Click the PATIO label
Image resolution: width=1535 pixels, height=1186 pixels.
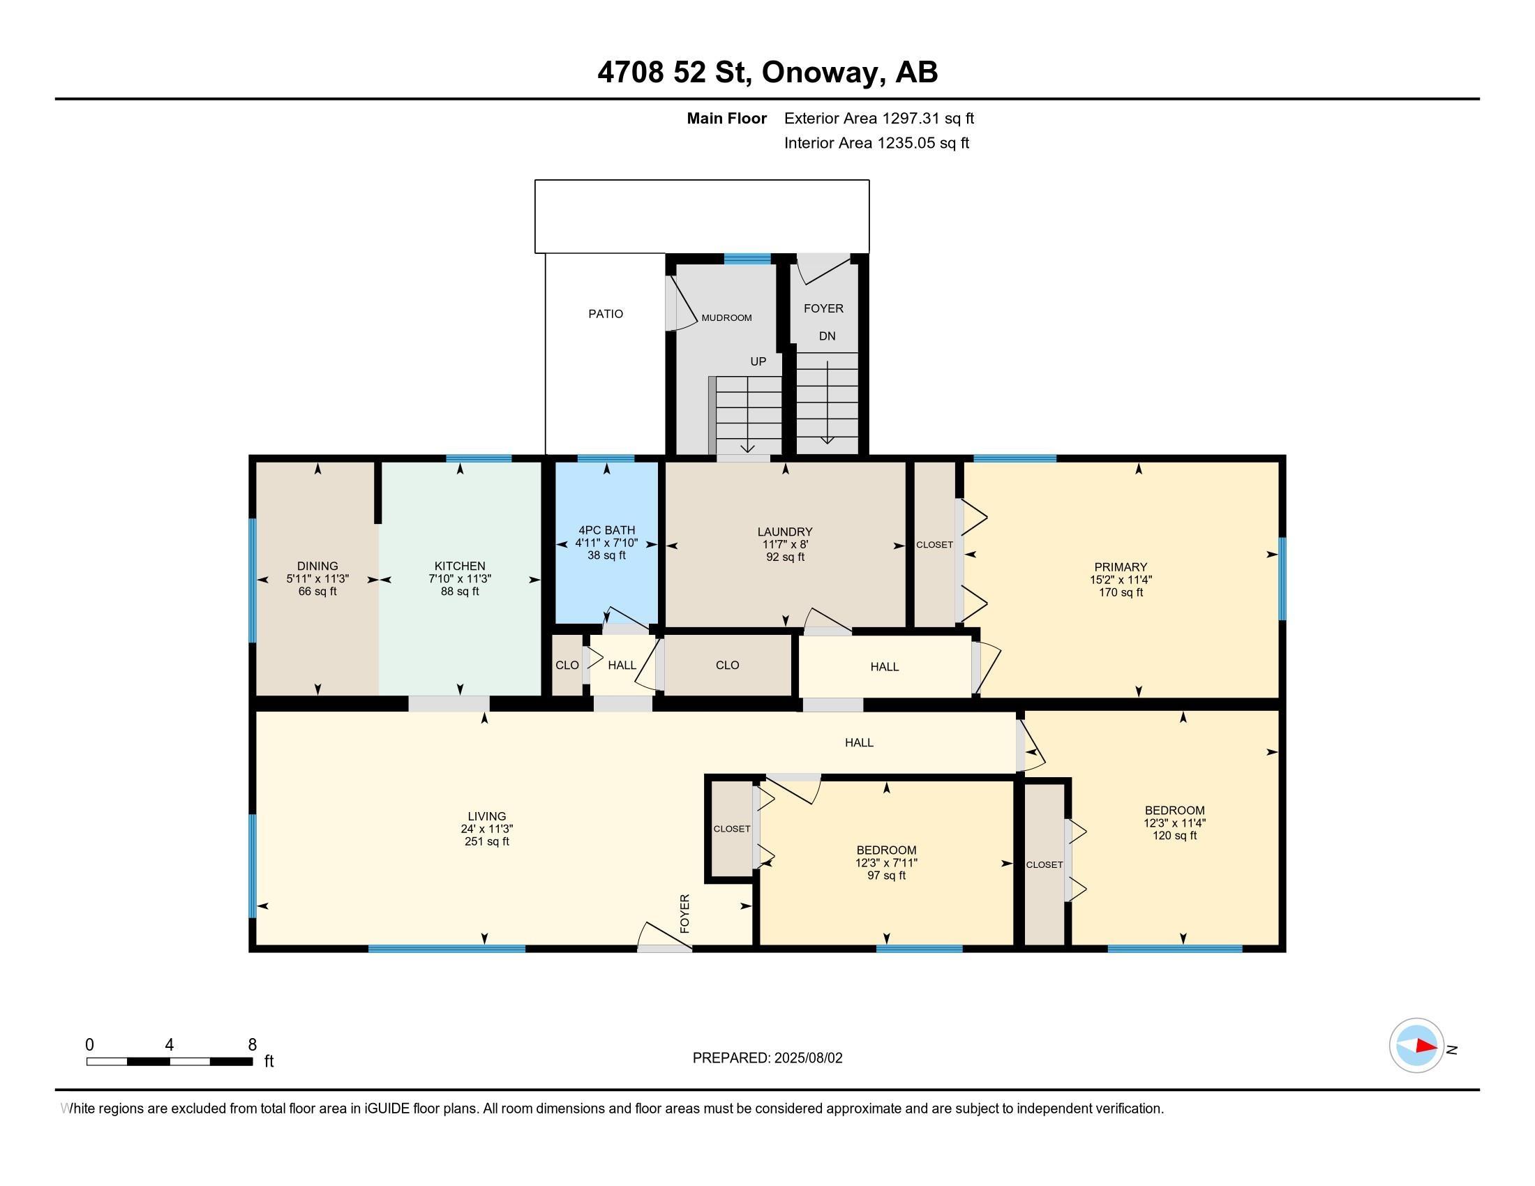pyautogui.click(x=605, y=314)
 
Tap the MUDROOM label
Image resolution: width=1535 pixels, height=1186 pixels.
pyautogui.click(x=726, y=317)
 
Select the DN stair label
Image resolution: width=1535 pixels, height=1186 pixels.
pyautogui.click(x=828, y=336)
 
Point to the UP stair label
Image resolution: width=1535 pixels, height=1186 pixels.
pyautogui.click(x=758, y=361)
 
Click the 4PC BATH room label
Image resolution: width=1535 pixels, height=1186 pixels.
pyautogui.click(x=606, y=530)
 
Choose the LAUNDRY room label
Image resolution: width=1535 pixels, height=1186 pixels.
pyautogui.click(x=785, y=532)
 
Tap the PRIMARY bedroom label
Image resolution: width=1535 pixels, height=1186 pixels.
pyautogui.click(x=1121, y=567)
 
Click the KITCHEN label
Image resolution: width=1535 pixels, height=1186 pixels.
pyautogui.click(x=460, y=566)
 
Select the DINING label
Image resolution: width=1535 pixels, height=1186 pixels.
pyautogui.click(x=317, y=566)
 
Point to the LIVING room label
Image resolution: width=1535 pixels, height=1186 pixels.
pyautogui.click(x=486, y=816)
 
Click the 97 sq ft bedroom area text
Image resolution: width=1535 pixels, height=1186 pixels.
pyautogui.click(x=886, y=876)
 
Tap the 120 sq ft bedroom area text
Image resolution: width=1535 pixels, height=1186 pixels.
pyautogui.click(x=1174, y=835)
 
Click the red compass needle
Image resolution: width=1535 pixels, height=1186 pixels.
pyautogui.click(x=1426, y=1046)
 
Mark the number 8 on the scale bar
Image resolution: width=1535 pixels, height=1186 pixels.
pyautogui.click(x=253, y=1045)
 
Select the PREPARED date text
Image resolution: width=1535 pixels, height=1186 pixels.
pyautogui.click(x=767, y=1058)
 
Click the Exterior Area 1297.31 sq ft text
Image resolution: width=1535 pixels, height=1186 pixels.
pyautogui.click(x=879, y=119)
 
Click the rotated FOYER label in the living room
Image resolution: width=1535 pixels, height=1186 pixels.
pyautogui.click(x=684, y=913)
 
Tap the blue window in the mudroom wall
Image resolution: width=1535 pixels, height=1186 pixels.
pyautogui.click(x=748, y=258)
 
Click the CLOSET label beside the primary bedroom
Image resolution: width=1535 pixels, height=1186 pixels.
pyautogui.click(x=934, y=545)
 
